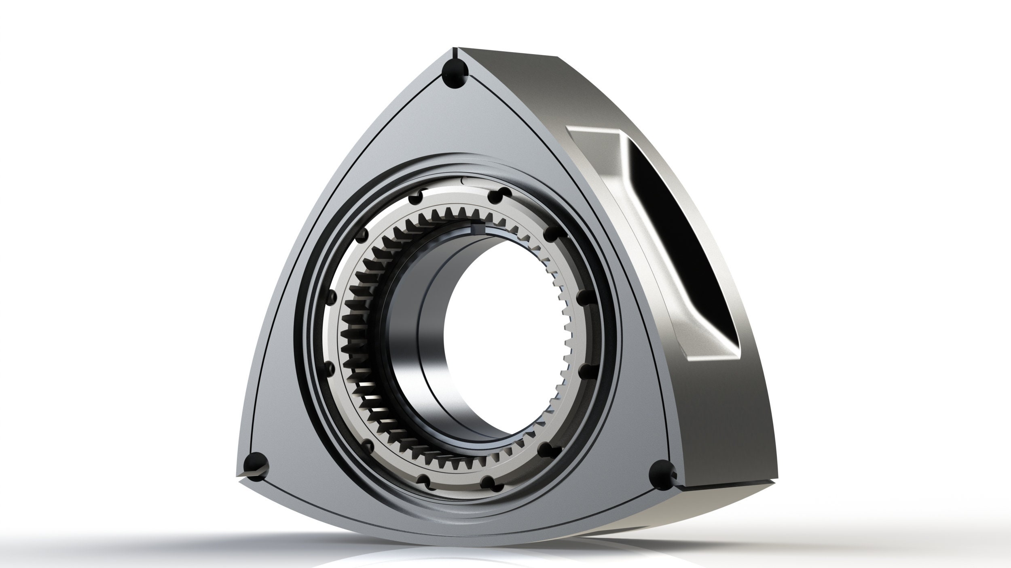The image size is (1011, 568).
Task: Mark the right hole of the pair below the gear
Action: pyautogui.click(x=489, y=481)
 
